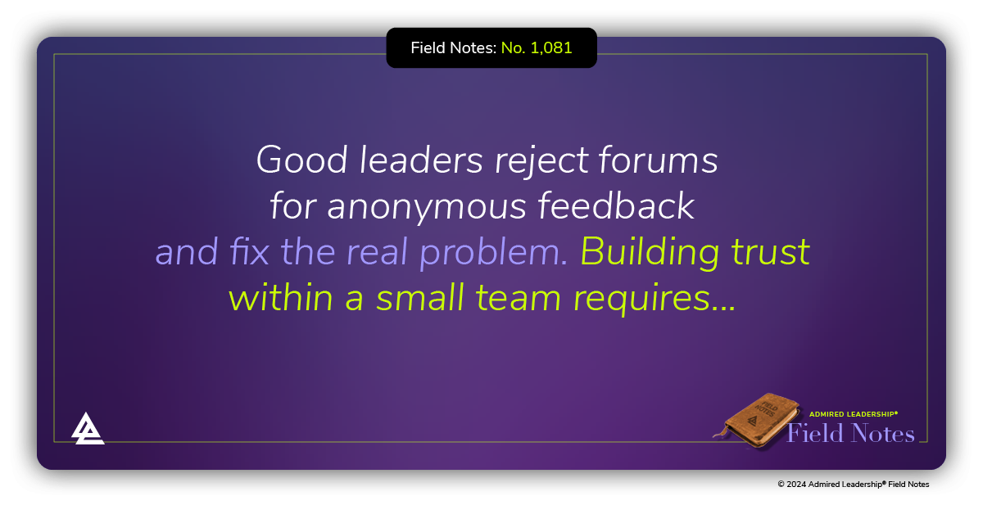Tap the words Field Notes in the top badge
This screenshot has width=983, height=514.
pyautogui.click(x=453, y=48)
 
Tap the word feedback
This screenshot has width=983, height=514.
pyautogui.click(x=616, y=206)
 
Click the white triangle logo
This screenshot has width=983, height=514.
pyautogui.click(x=87, y=428)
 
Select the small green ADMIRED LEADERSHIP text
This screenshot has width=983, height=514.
pyautogui.click(x=854, y=414)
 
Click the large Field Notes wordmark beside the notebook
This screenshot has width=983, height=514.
pyautogui.click(x=850, y=433)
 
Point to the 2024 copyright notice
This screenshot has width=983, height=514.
pyautogui.click(x=853, y=485)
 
